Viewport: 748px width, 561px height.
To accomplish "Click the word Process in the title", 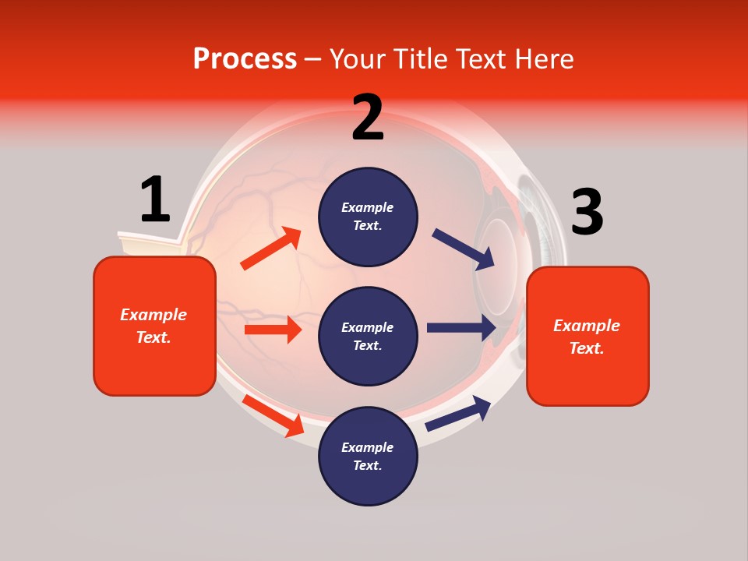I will pyautogui.click(x=245, y=59).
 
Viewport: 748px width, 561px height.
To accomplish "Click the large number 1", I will pyautogui.click(x=155, y=199).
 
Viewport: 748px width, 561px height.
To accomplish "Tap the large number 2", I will pyautogui.click(x=368, y=118).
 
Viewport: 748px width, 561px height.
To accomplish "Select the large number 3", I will pyautogui.click(x=587, y=212).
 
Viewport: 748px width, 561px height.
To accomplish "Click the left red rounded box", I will pyautogui.click(x=154, y=326).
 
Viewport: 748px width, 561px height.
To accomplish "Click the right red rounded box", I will pyautogui.click(x=587, y=336).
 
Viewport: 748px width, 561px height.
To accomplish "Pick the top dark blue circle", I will pyautogui.click(x=368, y=217).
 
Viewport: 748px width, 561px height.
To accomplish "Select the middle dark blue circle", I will pyautogui.click(x=368, y=336).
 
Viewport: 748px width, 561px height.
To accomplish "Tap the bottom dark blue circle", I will pyautogui.click(x=368, y=456).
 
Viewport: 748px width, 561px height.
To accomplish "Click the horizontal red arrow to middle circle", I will pyautogui.click(x=273, y=330).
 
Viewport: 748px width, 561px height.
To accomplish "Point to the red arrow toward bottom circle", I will pyautogui.click(x=273, y=415).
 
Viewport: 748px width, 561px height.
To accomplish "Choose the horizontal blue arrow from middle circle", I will pyautogui.click(x=461, y=327).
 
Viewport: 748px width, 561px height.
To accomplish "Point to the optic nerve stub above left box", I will pyautogui.click(x=148, y=244).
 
